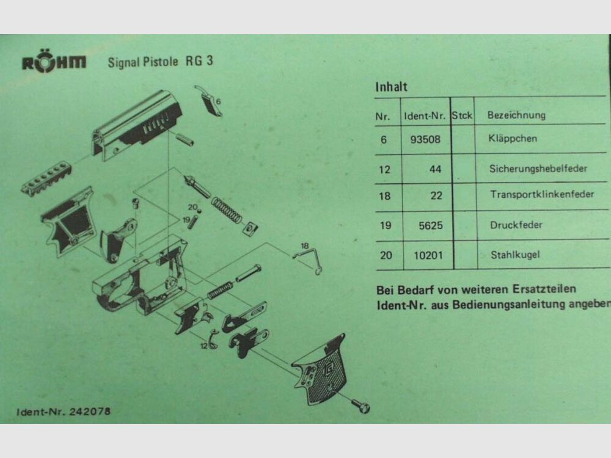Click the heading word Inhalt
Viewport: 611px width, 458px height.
point(391,87)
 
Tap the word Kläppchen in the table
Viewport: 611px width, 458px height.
point(513,139)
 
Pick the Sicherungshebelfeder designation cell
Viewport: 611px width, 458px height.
point(538,169)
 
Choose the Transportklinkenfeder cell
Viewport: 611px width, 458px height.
point(541,195)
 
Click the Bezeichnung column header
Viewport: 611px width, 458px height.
point(516,115)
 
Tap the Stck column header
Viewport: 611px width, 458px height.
point(463,115)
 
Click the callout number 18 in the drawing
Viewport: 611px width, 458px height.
point(304,245)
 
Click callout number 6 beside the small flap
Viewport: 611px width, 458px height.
point(218,100)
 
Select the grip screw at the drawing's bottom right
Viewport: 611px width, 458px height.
point(361,404)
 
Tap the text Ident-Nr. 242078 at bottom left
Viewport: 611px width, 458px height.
point(64,412)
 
